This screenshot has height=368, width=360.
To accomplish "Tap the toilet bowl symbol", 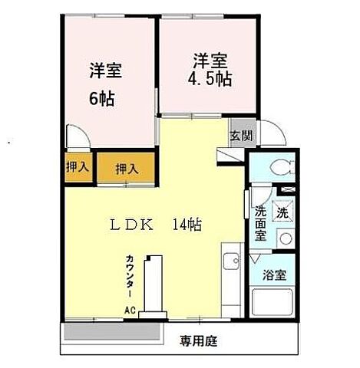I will coord(281,167).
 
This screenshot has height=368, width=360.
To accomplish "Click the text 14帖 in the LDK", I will coord(187,225).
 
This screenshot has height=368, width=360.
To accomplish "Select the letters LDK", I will coord(134,225).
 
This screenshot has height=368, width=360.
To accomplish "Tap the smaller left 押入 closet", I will coord(76,166).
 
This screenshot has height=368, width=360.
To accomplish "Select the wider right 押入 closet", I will coord(127,168).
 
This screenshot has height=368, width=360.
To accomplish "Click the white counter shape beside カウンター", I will coord(156,284).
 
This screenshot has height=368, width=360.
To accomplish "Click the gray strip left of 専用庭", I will coord(111,332).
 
